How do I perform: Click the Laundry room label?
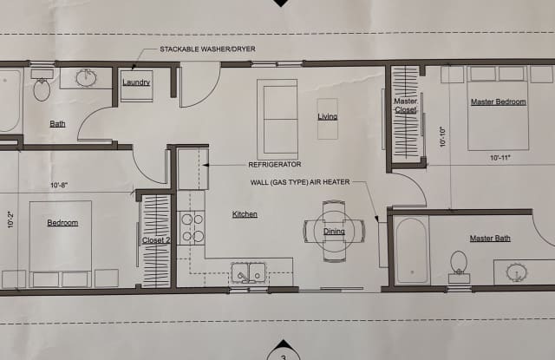[136, 82]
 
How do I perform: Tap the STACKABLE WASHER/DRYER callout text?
[207, 49]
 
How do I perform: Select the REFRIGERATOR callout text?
[275, 164]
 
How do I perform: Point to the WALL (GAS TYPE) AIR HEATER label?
[300, 182]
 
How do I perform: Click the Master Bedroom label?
[499, 102]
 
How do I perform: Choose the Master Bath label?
[490, 239]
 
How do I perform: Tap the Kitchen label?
[245, 214]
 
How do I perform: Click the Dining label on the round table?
[334, 231]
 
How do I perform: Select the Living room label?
[328, 116]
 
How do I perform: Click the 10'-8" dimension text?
[59, 185]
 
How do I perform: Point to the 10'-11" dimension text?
[500, 158]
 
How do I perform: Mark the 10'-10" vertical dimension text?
[443, 137]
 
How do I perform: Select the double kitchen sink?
[249, 273]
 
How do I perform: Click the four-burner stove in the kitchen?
[191, 227]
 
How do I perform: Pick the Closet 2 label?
[156, 240]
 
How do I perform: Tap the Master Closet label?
[406, 106]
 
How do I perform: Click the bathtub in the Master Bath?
[412, 251]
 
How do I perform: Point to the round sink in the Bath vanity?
[87, 78]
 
